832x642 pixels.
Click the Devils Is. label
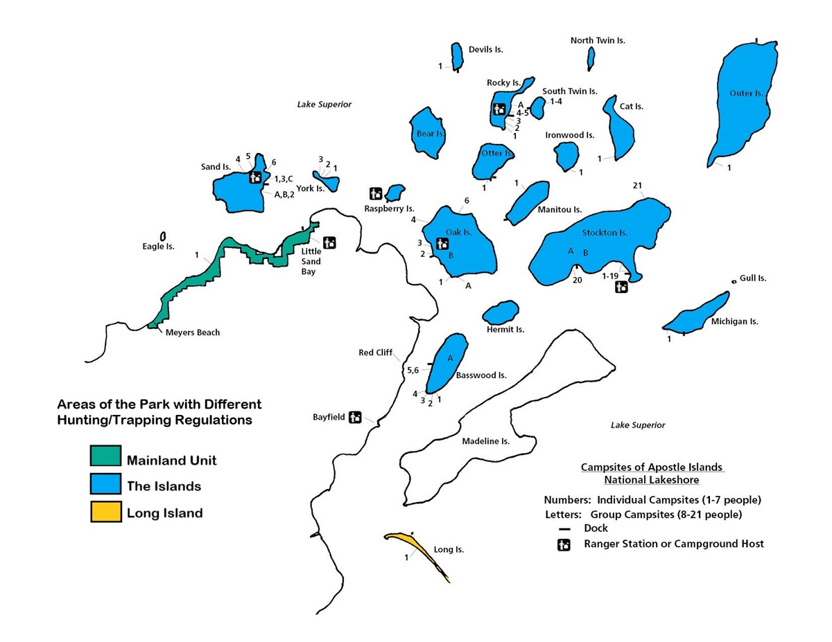(485, 50)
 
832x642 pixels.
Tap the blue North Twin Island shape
(591, 58)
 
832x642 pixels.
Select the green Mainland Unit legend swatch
(105, 457)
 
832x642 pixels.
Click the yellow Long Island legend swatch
(105, 512)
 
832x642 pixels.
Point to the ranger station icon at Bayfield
(355, 417)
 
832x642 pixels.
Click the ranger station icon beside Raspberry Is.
(376, 193)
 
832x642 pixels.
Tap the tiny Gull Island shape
(734, 281)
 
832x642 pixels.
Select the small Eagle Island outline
(163, 236)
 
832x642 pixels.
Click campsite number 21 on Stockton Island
(637, 186)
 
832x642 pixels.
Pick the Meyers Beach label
(192, 332)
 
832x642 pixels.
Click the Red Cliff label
(375, 353)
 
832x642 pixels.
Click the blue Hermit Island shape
(501, 312)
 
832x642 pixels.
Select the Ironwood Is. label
(569, 136)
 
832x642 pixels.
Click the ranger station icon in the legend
(564, 544)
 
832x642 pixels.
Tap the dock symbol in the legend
(564, 529)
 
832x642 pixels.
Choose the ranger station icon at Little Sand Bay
(329, 242)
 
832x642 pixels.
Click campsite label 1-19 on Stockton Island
(610, 276)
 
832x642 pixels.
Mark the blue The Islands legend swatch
(105, 485)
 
